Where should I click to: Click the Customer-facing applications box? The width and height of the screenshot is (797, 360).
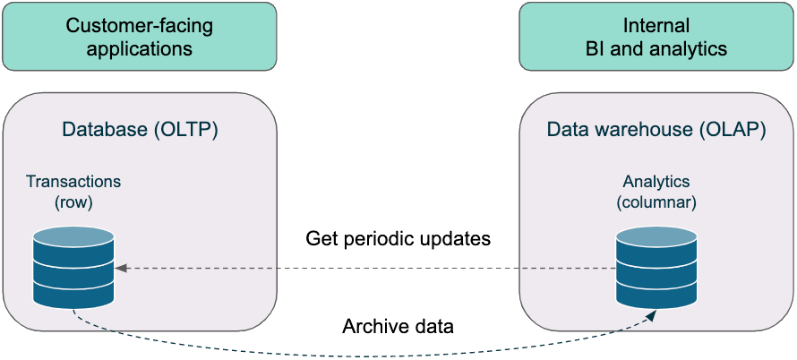click(x=140, y=36)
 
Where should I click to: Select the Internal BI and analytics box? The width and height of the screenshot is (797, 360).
click(x=656, y=36)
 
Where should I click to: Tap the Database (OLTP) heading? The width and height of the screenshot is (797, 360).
click(x=140, y=129)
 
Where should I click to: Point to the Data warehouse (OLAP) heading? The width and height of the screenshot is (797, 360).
click(x=656, y=129)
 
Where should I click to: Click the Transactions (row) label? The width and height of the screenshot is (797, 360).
click(x=73, y=192)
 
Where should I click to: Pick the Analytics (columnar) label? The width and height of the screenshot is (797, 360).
click(x=656, y=192)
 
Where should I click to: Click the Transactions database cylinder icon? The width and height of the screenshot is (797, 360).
click(x=73, y=269)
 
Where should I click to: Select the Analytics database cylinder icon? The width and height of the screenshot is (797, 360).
click(x=656, y=269)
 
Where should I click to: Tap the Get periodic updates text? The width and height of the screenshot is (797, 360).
click(x=398, y=238)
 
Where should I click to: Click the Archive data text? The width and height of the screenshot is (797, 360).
click(x=398, y=326)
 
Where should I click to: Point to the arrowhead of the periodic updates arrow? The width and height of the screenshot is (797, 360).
click(x=121, y=269)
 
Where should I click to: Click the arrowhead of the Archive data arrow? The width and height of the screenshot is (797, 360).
click(x=651, y=317)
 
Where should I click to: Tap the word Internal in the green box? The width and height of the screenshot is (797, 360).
click(x=656, y=25)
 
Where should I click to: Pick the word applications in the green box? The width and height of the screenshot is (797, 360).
click(x=140, y=49)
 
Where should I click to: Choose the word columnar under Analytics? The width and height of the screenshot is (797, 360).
click(x=656, y=202)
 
